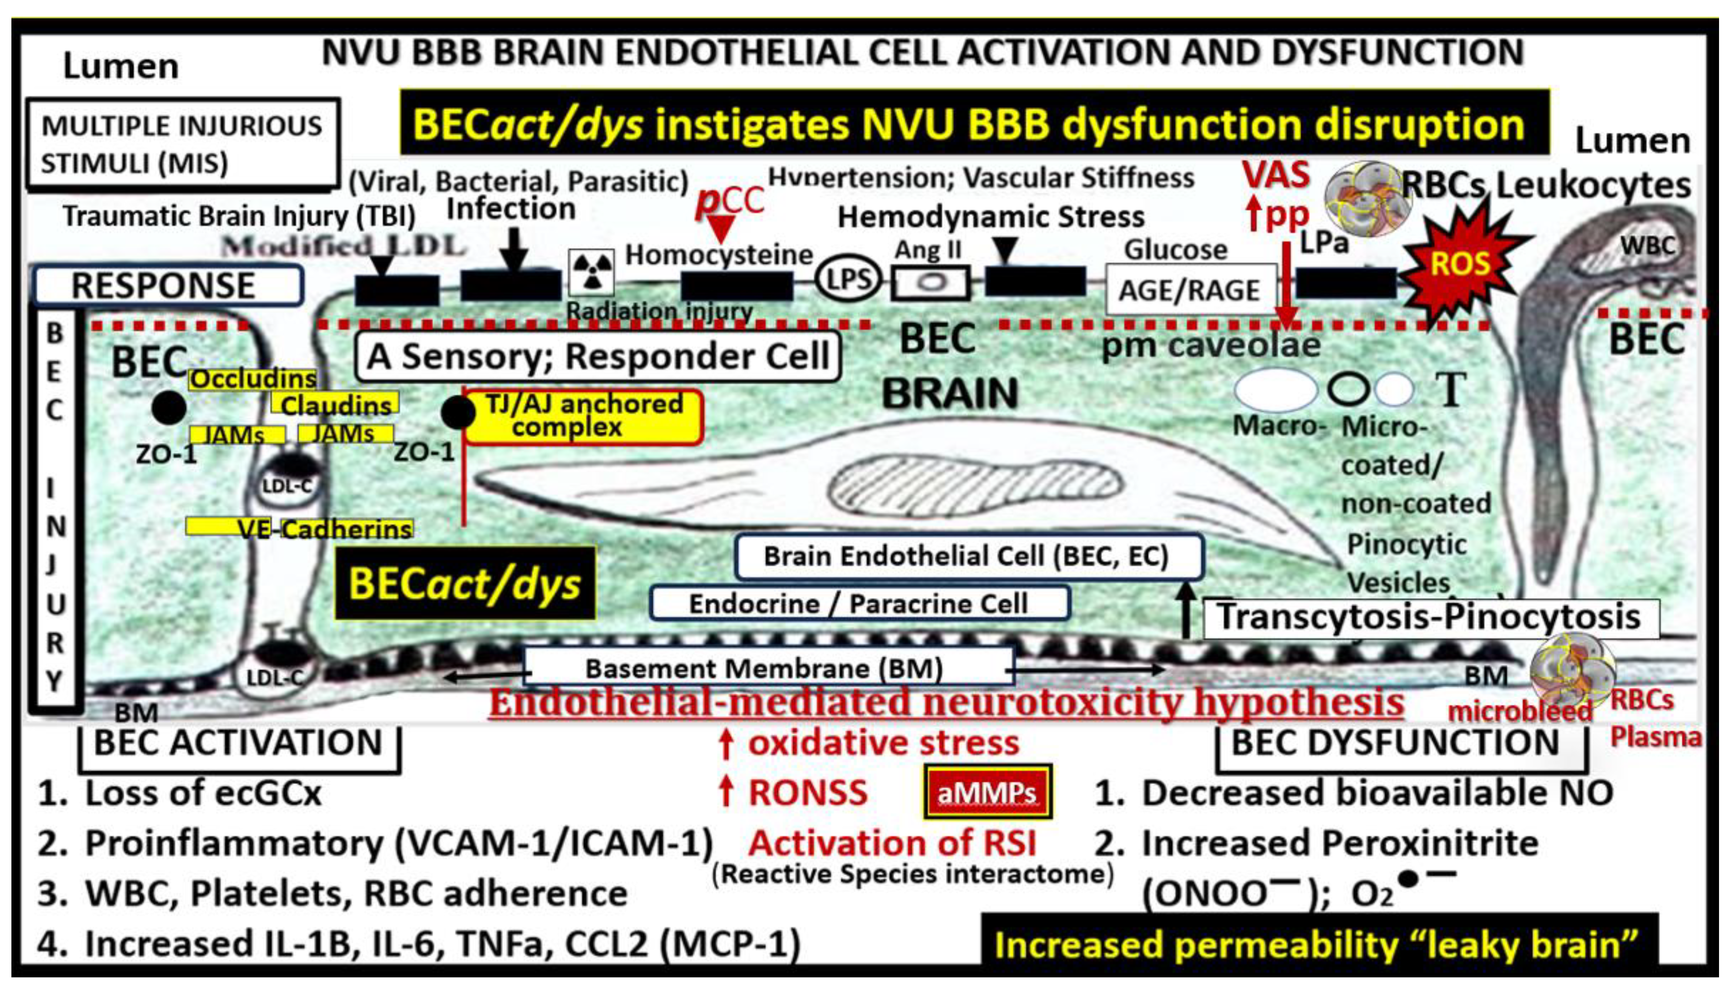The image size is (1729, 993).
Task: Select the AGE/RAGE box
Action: (1190, 291)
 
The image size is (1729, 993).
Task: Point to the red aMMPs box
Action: (987, 792)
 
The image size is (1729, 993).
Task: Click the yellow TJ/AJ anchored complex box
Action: (584, 417)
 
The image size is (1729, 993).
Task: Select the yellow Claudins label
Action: (336, 405)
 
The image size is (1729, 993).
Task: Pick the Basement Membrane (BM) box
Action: (765, 668)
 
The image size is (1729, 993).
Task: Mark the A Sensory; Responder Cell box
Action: (597, 356)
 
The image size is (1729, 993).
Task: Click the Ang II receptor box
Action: (930, 282)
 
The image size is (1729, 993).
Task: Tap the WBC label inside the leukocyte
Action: (1647, 246)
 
